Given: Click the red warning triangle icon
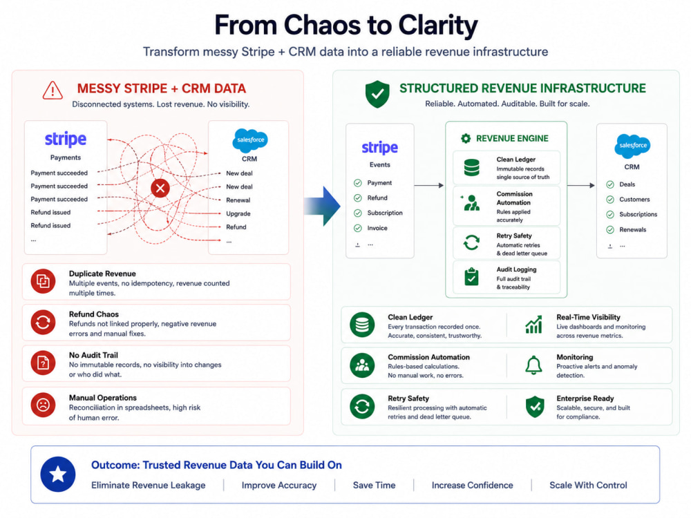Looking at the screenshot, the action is tap(53, 90).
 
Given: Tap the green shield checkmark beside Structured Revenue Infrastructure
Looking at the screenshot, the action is tap(377, 94).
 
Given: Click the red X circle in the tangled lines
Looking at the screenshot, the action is tap(160, 189).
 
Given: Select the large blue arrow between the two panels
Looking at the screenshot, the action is tap(322, 206).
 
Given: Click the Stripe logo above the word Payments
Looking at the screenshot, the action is tap(66, 140).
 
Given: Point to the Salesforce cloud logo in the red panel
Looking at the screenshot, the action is tap(250, 140).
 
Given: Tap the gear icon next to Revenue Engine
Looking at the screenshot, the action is tap(465, 138).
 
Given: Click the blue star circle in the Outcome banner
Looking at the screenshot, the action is tap(58, 474).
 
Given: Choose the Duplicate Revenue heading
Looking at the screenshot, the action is tap(102, 274).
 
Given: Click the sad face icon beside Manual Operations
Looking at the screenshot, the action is tap(43, 405).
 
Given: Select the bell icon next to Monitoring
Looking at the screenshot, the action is tap(533, 365).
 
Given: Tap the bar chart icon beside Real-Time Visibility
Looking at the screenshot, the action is tap(533, 325).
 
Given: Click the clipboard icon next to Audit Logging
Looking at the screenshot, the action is tap(471, 277).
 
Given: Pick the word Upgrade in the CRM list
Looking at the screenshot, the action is tap(238, 213).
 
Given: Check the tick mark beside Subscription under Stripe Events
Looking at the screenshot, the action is tap(358, 213).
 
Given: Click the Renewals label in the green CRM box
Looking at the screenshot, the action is tap(632, 229).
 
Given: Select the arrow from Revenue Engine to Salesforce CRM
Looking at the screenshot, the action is tap(581, 185).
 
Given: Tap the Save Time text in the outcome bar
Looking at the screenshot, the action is tap(374, 486).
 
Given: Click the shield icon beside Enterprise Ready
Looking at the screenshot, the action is tap(535, 407).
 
